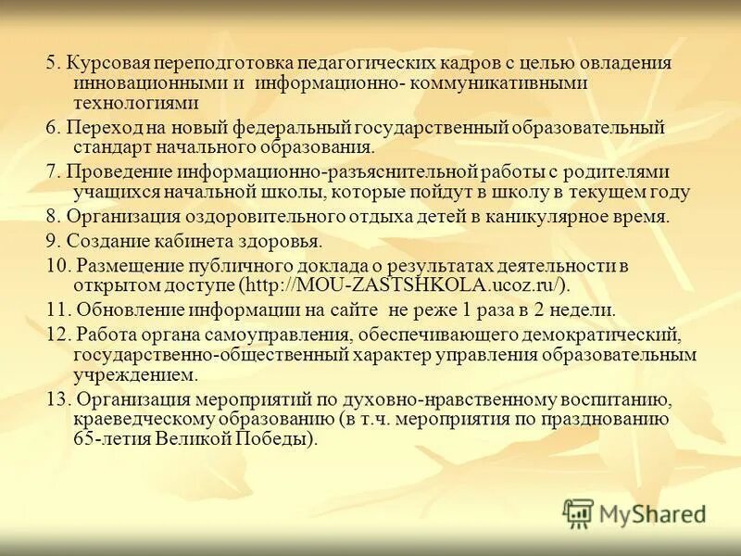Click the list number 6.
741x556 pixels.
tap(52, 127)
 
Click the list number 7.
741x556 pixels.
tap(52, 172)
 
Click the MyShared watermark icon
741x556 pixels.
tap(579, 512)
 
